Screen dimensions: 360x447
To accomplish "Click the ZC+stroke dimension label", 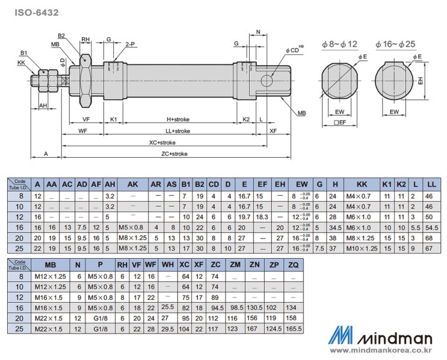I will (x=174, y=154).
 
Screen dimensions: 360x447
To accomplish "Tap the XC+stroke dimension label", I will (x=162, y=142).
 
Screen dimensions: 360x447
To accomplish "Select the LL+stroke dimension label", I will (x=177, y=131).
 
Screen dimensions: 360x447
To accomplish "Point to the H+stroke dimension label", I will (x=179, y=119).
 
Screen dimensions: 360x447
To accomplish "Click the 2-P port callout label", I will (x=130, y=45).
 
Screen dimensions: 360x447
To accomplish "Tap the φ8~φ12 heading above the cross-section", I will (x=339, y=44).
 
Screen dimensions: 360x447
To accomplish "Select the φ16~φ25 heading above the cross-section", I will (x=393, y=44).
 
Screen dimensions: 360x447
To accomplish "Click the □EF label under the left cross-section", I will (x=340, y=122).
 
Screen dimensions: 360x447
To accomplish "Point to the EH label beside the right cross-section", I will (x=421, y=80).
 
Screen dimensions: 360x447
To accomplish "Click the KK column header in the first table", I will (x=362, y=184).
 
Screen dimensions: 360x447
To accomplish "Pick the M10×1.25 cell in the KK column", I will (x=362, y=248).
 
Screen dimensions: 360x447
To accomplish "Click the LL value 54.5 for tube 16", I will (x=431, y=227).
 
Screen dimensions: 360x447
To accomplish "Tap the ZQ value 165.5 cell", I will (x=294, y=329).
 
